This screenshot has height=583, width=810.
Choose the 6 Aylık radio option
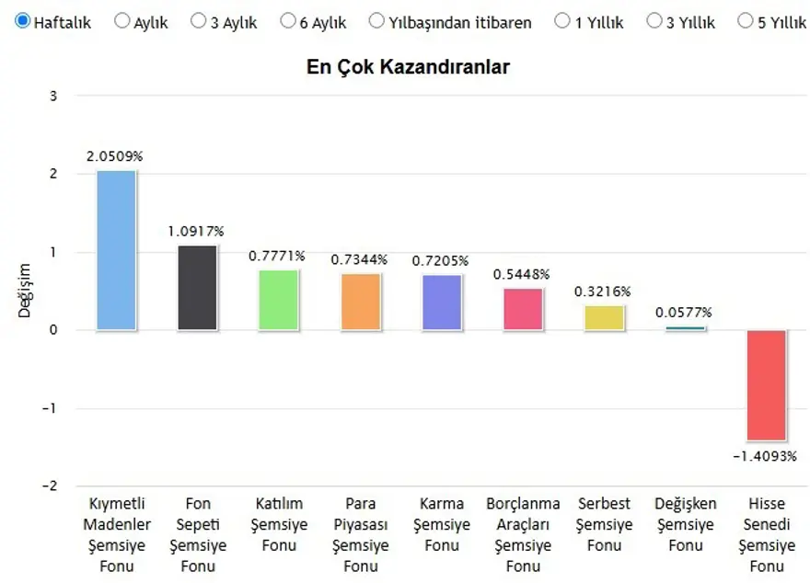point(289,21)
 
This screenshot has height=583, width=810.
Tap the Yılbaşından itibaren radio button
point(376,21)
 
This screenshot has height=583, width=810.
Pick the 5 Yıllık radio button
point(745,21)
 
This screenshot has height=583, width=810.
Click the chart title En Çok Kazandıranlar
point(408,67)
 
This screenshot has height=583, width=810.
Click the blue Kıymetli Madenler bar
point(116,250)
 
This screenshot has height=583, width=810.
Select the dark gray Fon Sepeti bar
point(197,288)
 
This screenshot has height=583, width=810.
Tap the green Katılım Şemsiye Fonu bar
point(278,300)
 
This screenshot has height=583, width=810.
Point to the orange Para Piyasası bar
point(360,302)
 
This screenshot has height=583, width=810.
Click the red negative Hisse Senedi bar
point(766,385)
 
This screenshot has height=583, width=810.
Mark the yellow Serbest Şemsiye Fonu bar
point(604,317)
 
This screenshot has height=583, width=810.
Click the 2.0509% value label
point(115,156)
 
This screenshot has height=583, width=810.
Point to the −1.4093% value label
point(766,456)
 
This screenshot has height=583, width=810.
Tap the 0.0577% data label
point(684,313)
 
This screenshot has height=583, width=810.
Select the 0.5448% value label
point(522,274)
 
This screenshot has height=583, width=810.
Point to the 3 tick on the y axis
point(53,96)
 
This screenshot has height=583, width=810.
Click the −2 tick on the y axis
point(51,486)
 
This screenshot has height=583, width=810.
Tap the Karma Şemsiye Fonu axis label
point(441,524)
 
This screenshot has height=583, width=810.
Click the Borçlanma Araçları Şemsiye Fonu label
point(522,534)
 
